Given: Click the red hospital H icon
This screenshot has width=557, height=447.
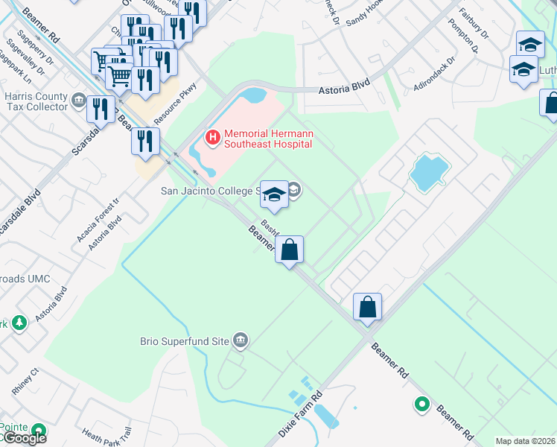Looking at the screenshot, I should click(x=213, y=137).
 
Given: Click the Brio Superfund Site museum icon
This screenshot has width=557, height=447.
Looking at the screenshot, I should click(x=240, y=340).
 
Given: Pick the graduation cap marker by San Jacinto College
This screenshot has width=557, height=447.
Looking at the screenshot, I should click(x=274, y=194).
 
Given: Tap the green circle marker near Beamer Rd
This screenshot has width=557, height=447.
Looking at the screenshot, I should click(x=422, y=405).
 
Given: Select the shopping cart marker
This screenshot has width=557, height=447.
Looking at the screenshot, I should click(x=119, y=74).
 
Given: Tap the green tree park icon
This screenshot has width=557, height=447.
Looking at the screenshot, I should click(x=19, y=323).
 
